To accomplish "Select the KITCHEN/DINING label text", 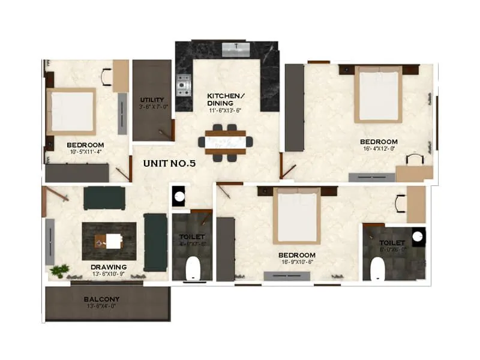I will coord(225,100).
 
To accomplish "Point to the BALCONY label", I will coord(101,299).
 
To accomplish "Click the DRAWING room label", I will coord(109,267).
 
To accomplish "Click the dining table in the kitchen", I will coord(226,142).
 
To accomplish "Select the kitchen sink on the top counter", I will coord(236,49).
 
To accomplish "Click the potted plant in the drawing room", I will coord(58,272).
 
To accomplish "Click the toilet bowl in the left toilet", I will coord(193,268).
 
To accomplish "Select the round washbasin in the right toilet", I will coord(419,236).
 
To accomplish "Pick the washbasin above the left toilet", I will coord(178,196).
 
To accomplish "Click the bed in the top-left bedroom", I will coord(71,112).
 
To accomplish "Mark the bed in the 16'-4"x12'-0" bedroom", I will coord(378,94).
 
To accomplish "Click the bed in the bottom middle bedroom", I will coord(296,217).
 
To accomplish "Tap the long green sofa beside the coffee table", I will coord(155,242).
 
